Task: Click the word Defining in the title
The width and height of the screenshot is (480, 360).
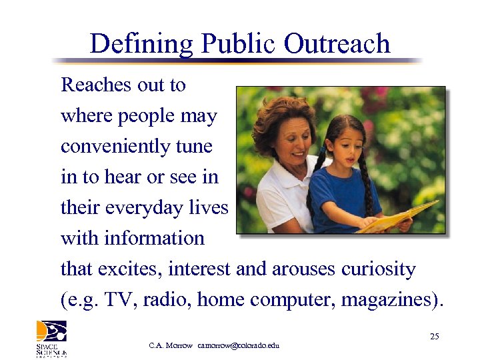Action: coord(141,44)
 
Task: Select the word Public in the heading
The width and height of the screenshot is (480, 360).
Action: coord(238,44)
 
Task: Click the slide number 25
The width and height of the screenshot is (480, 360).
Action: coord(434,337)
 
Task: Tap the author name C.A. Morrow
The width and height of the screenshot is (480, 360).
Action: coord(171,345)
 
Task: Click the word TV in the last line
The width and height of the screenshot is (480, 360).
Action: coord(126,300)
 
